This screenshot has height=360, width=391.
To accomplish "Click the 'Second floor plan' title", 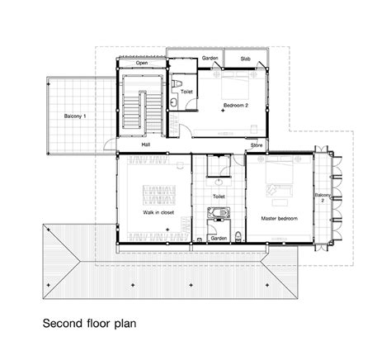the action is (x=89, y=324).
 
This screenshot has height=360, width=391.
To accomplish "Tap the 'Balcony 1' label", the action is (x=75, y=116).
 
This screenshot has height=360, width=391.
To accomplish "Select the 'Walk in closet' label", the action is (x=158, y=212).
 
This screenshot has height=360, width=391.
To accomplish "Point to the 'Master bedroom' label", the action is (x=279, y=219).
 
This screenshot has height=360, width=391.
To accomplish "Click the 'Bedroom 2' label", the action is (x=236, y=105).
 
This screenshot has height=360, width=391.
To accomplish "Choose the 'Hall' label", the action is (x=146, y=144).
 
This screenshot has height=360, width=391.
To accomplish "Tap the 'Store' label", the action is (x=257, y=145).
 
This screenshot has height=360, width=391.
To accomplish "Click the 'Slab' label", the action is (x=245, y=59).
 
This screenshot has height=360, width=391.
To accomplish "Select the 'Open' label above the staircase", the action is (x=142, y=63).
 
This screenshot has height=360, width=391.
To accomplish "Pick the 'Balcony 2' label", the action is (x=323, y=197).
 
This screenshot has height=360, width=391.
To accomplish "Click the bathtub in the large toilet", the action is (x=219, y=212).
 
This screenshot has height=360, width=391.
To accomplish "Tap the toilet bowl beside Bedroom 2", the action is (x=177, y=83).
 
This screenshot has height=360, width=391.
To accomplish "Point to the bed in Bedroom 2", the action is (x=235, y=85).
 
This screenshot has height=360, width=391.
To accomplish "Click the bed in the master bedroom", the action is (x=279, y=170).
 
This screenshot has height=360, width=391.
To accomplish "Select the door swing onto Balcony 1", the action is (x=110, y=144).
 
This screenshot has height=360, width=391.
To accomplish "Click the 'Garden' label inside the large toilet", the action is (x=219, y=239).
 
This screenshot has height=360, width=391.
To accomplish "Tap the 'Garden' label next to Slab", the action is (x=210, y=58).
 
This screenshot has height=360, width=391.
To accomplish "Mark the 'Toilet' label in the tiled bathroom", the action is (x=219, y=197).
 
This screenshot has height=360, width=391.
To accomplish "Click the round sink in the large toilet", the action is (x=219, y=182).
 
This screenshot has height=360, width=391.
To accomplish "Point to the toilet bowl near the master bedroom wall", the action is (x=238, y=236).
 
